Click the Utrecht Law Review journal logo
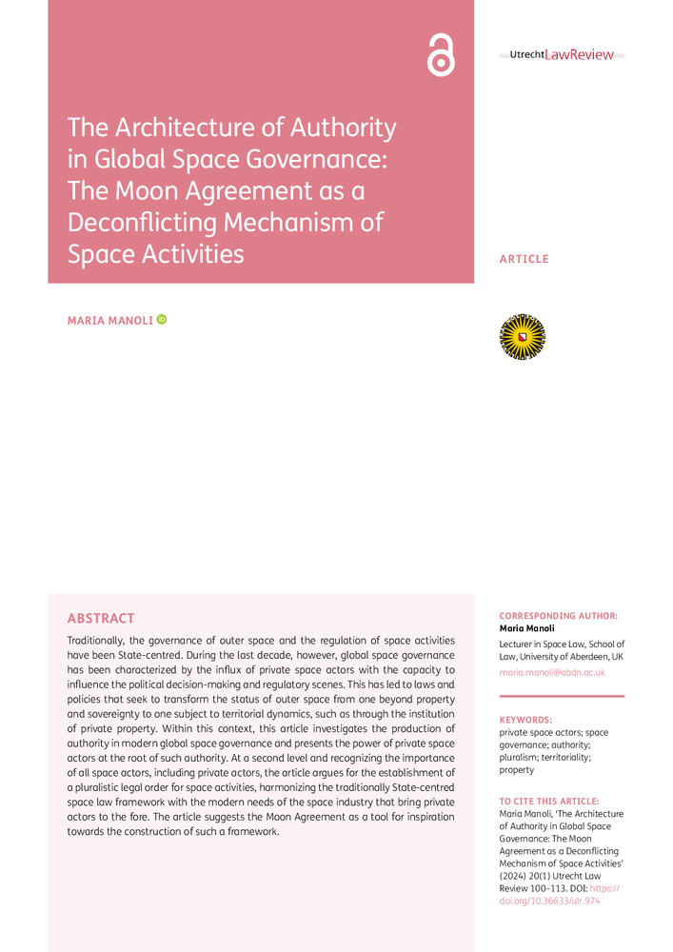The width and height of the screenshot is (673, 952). coord(562,55)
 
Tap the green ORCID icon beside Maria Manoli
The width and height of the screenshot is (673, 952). coord(162,320)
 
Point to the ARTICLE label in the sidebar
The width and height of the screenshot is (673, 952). coord(524,259)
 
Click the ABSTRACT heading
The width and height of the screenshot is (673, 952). coord(101,619)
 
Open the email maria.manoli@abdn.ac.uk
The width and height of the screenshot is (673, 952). coord(552,672)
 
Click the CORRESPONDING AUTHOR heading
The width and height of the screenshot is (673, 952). coord(558,616)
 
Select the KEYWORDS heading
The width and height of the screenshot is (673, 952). coord(525,720)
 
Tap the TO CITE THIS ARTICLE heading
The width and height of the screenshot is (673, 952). coord(549,802)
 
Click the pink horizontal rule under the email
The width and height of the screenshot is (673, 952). coord(562,696)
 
